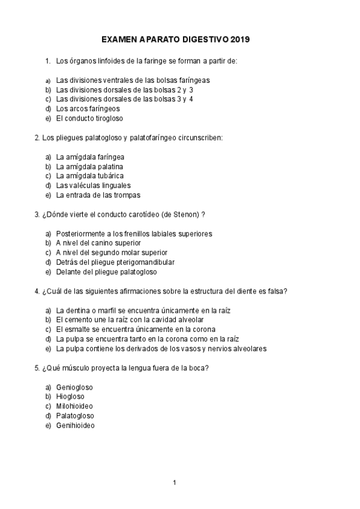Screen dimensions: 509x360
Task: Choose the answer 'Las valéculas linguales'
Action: click(x=93, y=185)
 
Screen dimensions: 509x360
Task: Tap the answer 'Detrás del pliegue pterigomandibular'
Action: click(x=115, y=262)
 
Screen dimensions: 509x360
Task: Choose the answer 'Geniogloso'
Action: click(x=74, y=387)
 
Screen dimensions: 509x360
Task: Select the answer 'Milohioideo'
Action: click(x=74, y=406)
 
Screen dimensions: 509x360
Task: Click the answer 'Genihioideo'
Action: click(x=76, y=426)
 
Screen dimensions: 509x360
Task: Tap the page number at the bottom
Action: click(x=174, y=483)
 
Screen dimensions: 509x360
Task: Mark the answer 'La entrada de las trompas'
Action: click(x=98, y=195)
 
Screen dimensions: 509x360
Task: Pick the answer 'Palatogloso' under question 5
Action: click(x=75, y=416)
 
